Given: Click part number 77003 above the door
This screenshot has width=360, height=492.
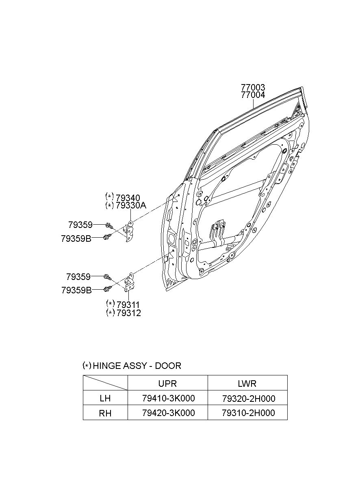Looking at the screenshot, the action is click(253, 87).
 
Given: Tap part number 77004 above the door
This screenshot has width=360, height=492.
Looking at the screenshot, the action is click(253, 95).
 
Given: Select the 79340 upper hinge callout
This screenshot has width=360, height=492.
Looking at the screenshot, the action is click(128, 198).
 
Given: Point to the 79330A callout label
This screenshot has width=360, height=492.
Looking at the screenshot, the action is click(131, 206).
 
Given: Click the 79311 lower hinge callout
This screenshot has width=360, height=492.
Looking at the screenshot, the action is click(128, 305).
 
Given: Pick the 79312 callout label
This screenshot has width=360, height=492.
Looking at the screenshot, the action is click(129, 313).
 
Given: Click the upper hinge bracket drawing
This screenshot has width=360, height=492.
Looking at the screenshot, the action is click(129, 231).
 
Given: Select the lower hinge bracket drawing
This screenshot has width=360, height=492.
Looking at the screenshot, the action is click(129, 283).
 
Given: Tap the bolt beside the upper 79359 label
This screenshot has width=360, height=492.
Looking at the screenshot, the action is click(109, 225).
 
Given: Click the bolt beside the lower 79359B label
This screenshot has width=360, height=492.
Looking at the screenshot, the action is click(107, 288).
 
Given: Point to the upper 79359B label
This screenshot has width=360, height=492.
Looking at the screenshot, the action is click(76, 238).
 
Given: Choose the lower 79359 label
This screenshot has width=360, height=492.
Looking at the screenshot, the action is click(78, 277).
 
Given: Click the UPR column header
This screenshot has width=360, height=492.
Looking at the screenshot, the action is click(167, 384).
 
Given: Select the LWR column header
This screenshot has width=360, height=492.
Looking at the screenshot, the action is click(247, 384).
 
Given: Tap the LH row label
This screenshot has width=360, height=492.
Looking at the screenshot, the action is click(105, 399).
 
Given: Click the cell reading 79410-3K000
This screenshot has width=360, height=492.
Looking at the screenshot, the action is click(169, 398).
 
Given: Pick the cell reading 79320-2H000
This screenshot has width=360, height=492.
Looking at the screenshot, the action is click(249, 399).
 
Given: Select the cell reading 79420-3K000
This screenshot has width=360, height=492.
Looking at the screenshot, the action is click(169, 413).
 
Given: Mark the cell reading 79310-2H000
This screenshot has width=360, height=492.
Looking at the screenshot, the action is click(248, 413).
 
